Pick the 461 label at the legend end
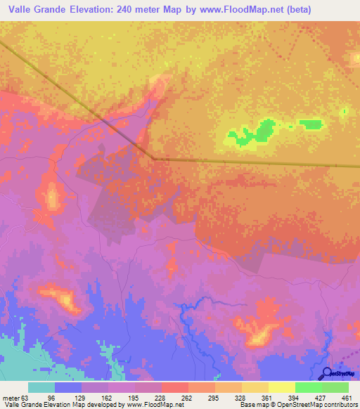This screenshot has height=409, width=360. point(347,397)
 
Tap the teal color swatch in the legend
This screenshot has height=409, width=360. point(41,387)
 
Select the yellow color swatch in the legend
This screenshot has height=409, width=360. point(282,387)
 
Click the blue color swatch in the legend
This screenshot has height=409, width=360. point(68,387)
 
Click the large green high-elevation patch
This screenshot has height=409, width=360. point(263,130)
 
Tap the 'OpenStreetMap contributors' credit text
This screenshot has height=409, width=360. point(315,405)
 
